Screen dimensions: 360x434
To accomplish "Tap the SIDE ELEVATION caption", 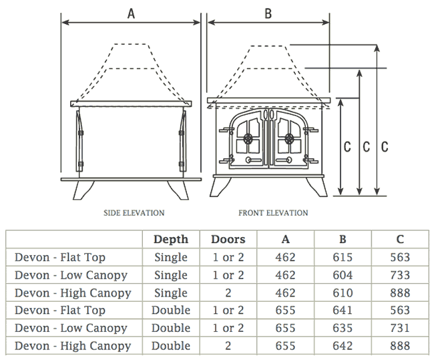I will tap(134, 213).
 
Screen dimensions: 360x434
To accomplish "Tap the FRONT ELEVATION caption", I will tap(273, 213).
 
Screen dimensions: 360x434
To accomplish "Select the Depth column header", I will tap(171, 240).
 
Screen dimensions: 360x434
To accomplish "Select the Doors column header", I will tap(228, 240).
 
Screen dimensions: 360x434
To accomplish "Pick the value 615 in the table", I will tap(343, 257).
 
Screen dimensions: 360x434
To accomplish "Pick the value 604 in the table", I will tap(343, 275).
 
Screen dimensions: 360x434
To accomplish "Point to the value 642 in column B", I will tap(343, 346).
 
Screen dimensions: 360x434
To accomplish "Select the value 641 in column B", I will tap(343, 311).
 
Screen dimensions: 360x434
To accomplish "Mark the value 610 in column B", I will tap(343, 293).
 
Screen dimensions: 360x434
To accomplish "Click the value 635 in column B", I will tap(343, 329).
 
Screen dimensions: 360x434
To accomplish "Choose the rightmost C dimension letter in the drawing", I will tap(385, 147).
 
